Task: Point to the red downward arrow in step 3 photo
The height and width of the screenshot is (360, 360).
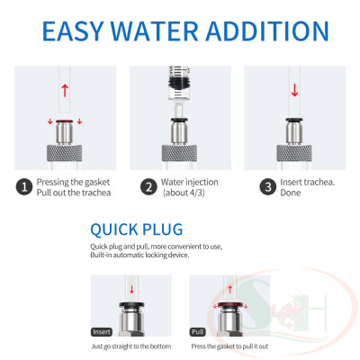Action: (x=294, y=90)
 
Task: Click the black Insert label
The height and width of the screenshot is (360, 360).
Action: (x=102, y=332)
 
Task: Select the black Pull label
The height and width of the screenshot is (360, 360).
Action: (x=196, y=332)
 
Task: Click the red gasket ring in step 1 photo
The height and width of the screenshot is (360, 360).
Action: (x=63, y=117)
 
